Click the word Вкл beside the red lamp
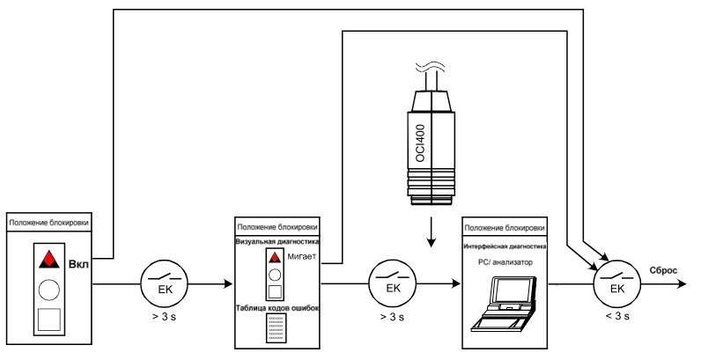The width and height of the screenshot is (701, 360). point(78,264)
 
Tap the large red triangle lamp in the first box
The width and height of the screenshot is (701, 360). point(49,260)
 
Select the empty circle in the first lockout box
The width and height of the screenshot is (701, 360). point(49,290)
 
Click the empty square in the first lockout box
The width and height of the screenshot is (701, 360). point(49,320)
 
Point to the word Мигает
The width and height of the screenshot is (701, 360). point(302,257)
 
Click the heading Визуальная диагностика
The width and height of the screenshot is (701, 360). point(277,242)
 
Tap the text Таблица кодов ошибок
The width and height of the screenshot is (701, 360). point(277,308)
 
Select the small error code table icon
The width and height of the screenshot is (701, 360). point(277,328)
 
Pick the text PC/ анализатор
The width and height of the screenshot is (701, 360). point(505,262)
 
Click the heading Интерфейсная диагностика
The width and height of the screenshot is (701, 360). point(505,246)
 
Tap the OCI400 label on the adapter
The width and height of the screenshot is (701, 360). point(420,143)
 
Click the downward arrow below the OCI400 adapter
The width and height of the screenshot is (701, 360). point(431,231)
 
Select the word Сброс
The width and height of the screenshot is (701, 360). point(663,271)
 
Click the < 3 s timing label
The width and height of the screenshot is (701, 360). point(617,316)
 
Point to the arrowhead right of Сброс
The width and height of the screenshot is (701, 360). point(682,283)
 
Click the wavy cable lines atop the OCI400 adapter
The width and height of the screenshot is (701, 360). point(430,69)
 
